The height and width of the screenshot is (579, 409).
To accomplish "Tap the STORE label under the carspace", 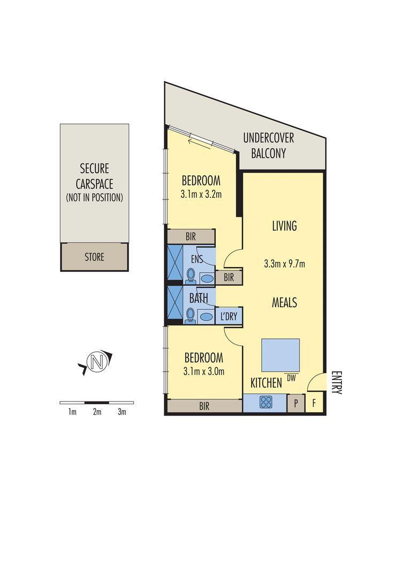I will pyautogui.click(x=94, y=257).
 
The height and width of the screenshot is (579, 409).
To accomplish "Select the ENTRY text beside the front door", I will pyautogui.click(x=336, y=382).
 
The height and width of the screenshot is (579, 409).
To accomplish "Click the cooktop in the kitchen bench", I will pyautogui.click(x=266, y=403).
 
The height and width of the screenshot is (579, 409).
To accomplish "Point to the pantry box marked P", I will pyautogui.click(x=295, y=404).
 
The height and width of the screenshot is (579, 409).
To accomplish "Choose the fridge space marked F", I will pyautogui.click(x=314, y=404).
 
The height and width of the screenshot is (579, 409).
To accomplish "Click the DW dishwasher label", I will pyautogui.click(x=291, y=378).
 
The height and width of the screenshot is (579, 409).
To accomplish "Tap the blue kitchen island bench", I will pyautogui.click(x=281, y=355).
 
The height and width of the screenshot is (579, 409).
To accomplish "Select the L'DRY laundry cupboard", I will pyautogui.click(x=229, y=316).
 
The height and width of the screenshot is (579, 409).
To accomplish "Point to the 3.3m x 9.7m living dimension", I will pyautogui.click(x=284, y=264).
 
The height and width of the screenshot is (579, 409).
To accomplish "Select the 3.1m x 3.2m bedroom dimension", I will pyautogui.click(x=201, y=194).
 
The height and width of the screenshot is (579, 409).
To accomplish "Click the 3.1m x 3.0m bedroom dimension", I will pyautogui.click(x=203, y=371).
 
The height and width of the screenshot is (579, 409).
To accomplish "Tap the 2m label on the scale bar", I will pyautogui.click(x=97, y=412).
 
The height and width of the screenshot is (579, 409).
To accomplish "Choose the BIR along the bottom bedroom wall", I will pyautogui.click(x=204, y=406).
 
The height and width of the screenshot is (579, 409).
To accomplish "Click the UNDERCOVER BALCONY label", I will pyautogui.click(x=268, y=145).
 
